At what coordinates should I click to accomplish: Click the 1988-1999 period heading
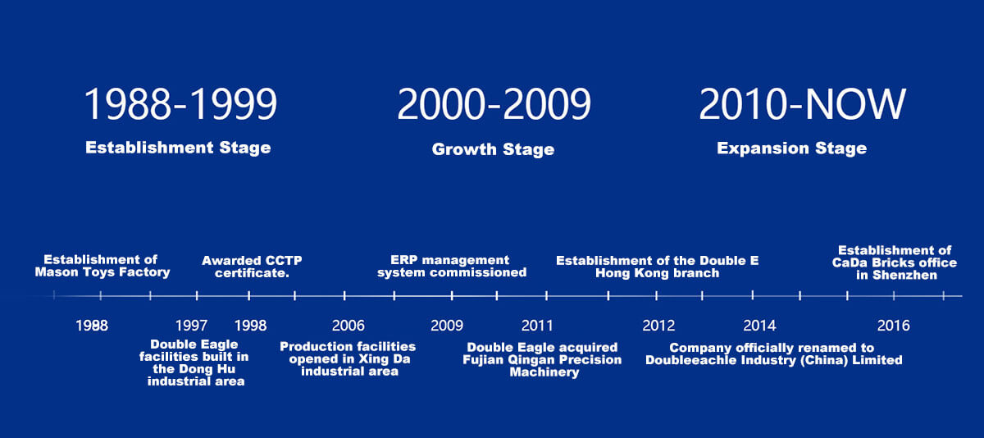[180, 103]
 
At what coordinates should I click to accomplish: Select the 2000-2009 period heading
[494, 103]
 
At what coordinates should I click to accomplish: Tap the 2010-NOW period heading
[802, 103]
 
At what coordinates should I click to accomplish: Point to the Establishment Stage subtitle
[178, 148]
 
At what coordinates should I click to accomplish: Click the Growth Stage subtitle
[493, 149]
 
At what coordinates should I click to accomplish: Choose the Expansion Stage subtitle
[791, 148]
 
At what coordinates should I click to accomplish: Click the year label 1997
[191, 326]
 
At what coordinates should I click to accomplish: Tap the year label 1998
[250, 326]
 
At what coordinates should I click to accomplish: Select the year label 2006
[348, 326]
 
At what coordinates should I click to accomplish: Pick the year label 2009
[447, 326]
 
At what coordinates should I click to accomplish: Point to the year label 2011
[537, 326]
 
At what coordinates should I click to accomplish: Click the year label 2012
[658, 326]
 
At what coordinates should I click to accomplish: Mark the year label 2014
[759, 326]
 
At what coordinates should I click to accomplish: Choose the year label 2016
[894, 326]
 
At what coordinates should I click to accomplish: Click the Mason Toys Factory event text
[102, 266]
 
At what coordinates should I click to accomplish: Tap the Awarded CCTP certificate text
[252, 267]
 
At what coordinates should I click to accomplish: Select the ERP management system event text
[452, 267]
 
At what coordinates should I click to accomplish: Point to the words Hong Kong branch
[657, 273]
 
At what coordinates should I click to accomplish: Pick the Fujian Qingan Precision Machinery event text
[542, 360]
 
